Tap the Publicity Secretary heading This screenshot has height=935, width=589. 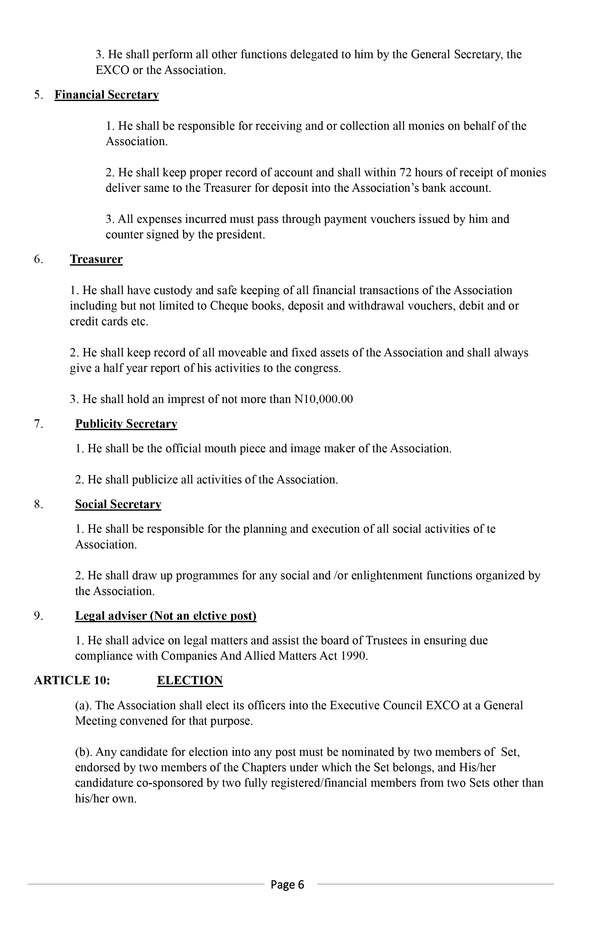pos(126,424)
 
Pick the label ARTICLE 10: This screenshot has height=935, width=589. pos(72,680)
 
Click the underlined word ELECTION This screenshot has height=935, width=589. pos(190,680)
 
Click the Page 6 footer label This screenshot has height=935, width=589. pos(287,885)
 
